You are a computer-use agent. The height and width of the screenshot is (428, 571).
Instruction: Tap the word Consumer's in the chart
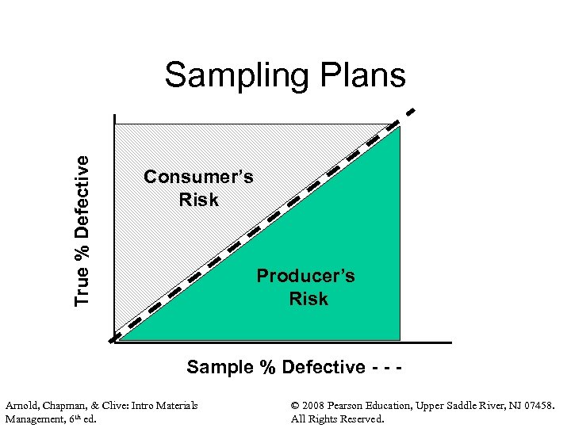(x=198, y=177)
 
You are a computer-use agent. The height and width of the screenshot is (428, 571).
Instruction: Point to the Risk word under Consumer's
(x=198, y=200)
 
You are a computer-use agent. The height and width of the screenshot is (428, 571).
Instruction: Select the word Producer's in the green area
(x=305, y=276)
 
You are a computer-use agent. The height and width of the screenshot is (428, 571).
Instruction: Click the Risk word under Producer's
(x=308, y=299)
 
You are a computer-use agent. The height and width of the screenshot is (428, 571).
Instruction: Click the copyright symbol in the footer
(x=297, y=406)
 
